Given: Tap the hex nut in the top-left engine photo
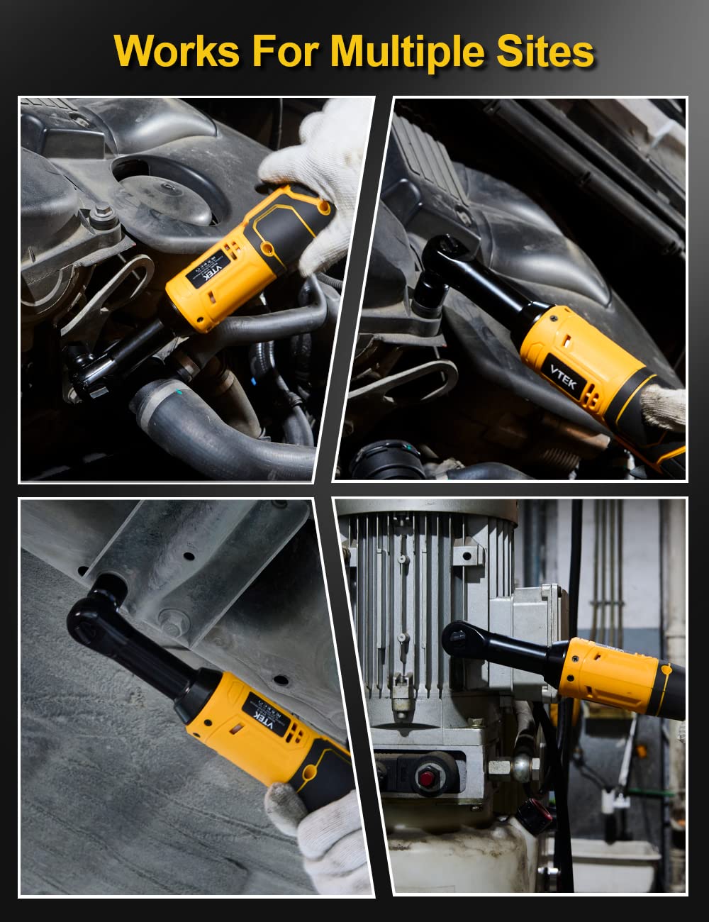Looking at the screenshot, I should click(x=104, y=213).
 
